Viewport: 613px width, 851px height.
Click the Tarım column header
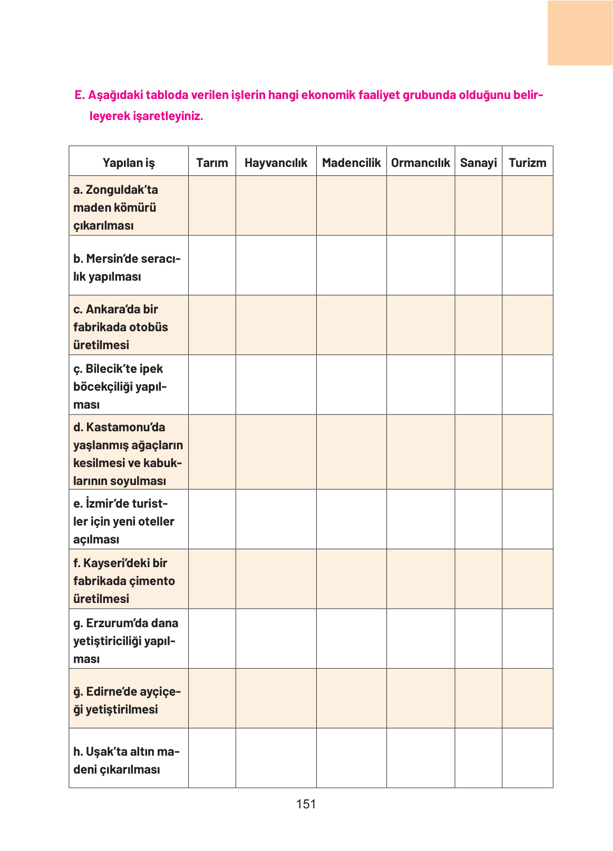pyautogui.click(x=212, y=163)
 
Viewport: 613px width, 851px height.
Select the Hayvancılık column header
pyautogui.click(x=276, y=163)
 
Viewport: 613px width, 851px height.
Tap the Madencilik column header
pyautogui.click(x=351, y=163)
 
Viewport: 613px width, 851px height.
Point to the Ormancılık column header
pyautogui.click(x=420, y=163)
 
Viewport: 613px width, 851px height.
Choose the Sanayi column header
pyautogui.click(x=478, y=163)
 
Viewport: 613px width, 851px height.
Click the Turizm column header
pyautogui.click(x=527, y=163)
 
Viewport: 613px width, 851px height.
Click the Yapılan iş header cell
pyautogui.click(x=129, y=163)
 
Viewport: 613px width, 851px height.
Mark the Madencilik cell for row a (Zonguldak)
pyautogui.click(x=351, y=206)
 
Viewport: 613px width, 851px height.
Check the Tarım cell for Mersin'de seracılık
pyautogui.click(x=212, y=265)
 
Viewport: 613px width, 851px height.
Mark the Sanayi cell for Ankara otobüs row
pyautogui.click(x=478, y=325)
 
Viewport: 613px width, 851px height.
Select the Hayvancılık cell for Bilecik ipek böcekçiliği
pyautogui.click(x=276, y=385)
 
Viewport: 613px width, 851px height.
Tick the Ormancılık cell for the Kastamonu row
pyautogui.click(x=420, y=452)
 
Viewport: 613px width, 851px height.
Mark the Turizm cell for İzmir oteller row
pyautogui.click(x=527, y=519)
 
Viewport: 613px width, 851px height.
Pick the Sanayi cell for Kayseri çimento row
pyautogui.click(x=478, y=579)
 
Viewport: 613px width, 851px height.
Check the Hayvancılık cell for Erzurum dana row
pyautogui.click(x=276, y=639)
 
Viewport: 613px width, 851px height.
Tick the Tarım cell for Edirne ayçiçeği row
pyautogui.click(x=212, y=699)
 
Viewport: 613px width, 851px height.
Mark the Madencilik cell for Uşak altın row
pyautogui.click(x=351, y=758)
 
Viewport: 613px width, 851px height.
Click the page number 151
pyautogui.click(x=306, y=804)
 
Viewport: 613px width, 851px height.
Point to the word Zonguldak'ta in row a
pyautogui.click(x=122, y=190)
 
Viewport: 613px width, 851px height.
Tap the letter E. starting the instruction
pyautogui.click(x=80, y=95)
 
